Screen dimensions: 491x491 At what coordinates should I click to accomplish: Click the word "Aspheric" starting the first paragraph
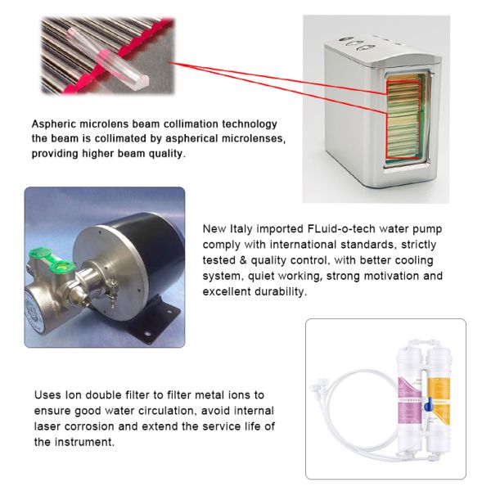tap(55, 124)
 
